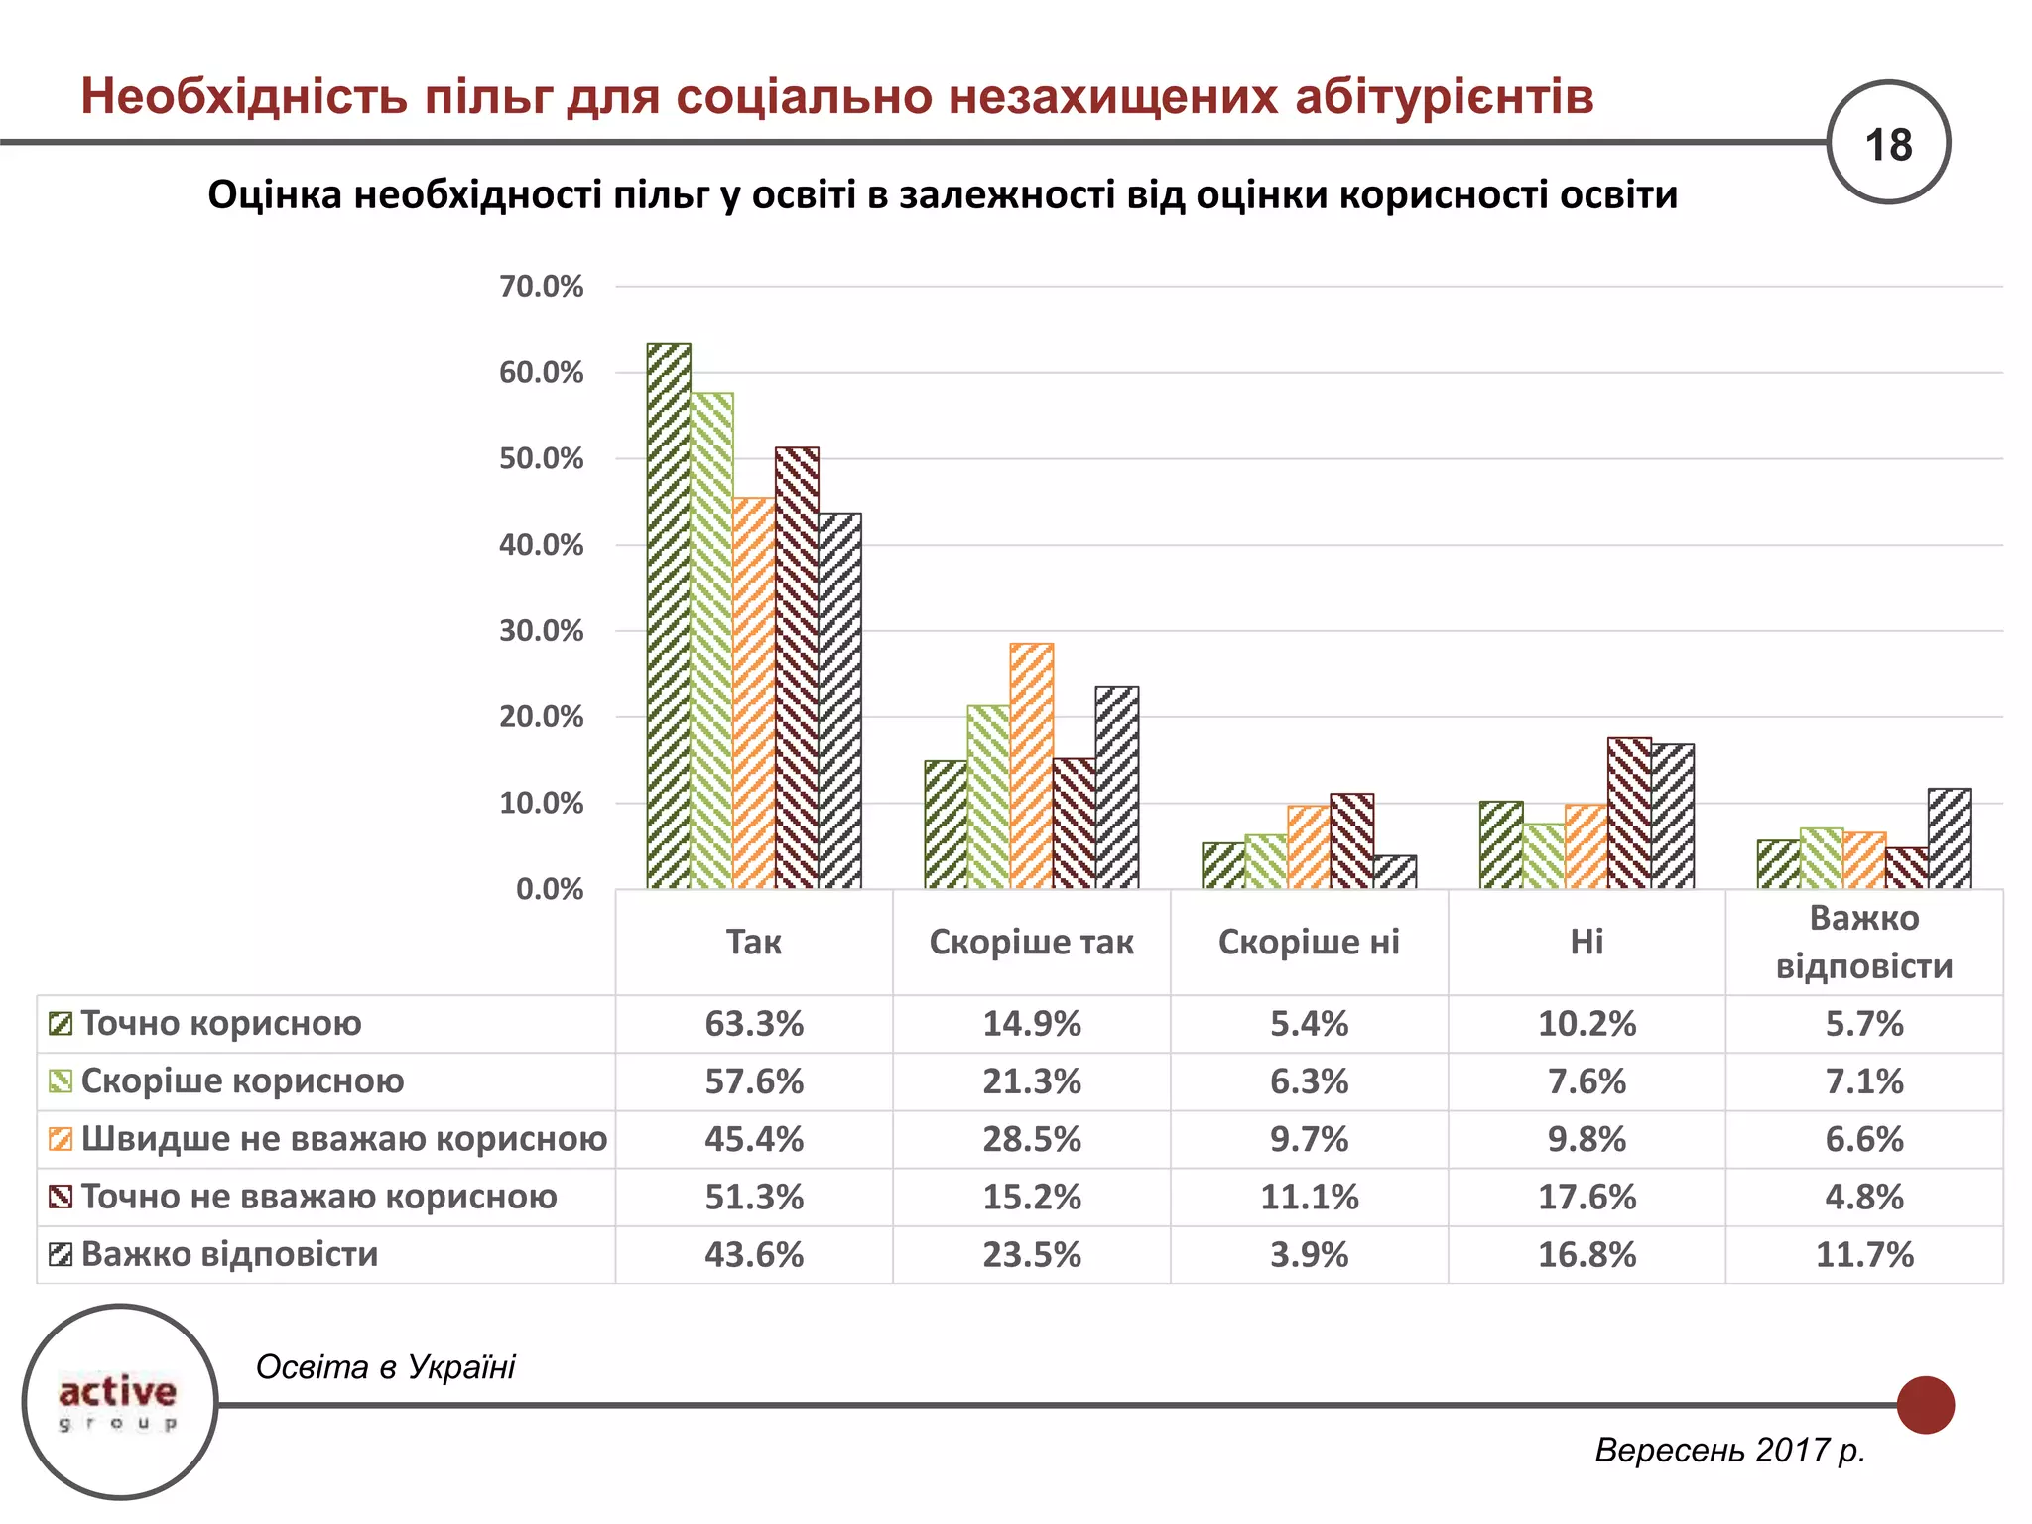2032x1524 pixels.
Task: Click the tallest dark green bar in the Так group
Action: [x=669, y=615]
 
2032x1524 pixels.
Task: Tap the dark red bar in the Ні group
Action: [x=1629, y=814]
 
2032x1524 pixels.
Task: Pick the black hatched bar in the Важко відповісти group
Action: [x=1950, y=838]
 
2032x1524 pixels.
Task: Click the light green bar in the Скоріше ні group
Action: [x=1266, y=861]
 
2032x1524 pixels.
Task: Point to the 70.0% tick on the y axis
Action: [x=541, y=287]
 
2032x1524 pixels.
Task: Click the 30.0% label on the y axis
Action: [x=541, y=631]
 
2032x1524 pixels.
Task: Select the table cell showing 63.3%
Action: [x=754, y=1024]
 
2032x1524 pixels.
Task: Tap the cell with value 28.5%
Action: [x=1032, y=1139]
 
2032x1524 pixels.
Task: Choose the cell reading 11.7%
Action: [x=1864, y=1255]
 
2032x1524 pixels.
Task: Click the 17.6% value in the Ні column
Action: [x=1587, y=1197]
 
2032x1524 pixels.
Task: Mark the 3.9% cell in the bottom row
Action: [x=1309, y=1255]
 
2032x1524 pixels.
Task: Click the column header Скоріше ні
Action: [x=1309, y=942]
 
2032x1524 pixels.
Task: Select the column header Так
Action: [x=754, y=942]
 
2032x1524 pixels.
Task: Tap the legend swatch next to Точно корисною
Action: [x=61, y=1024]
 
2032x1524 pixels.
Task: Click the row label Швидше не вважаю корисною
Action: [x=343, y=1139]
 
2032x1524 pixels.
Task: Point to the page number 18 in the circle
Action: [x=1888, y=145]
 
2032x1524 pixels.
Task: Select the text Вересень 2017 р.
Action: [x=1729, y=1451]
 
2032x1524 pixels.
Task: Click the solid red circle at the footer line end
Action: [x=1925, y=1405]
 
